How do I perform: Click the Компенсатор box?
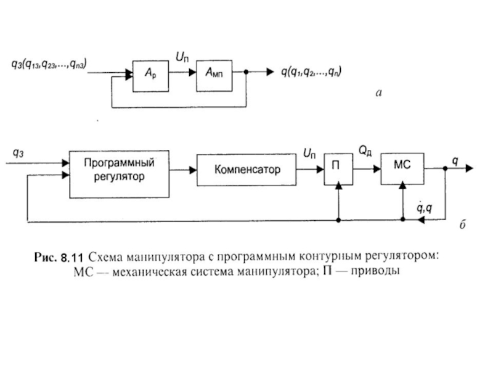(x=247, y=169)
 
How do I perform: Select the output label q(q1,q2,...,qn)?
(x=312, y=72)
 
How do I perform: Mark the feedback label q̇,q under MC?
(x=425, y=209)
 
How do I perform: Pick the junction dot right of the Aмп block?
(x=246, y=72)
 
